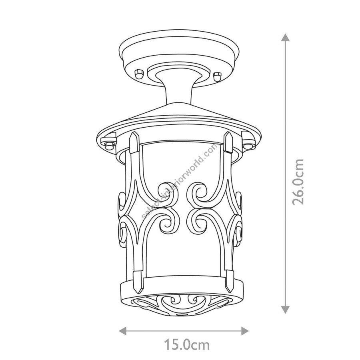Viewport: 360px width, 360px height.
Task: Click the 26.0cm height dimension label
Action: click(298, 181)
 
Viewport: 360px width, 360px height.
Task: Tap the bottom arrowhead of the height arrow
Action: click(285, 310)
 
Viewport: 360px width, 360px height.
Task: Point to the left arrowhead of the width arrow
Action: click(122, 331)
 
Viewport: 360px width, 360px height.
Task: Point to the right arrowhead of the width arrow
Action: click(245, 331)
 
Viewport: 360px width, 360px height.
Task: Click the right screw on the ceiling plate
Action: click(217, 76)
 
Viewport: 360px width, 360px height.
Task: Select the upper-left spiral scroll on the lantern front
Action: click(166, 192)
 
